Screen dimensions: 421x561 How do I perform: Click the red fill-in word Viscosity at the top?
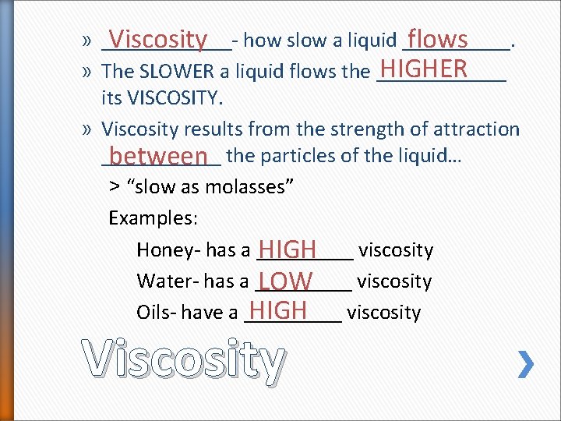(x=158, y=38)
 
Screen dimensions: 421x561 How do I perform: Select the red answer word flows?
(x=437, y=38)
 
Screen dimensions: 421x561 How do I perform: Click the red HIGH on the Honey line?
(x=287, y=249)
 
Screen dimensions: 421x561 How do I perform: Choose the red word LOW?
(x=286, y=281)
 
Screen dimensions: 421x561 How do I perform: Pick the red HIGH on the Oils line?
(x=278, y=310)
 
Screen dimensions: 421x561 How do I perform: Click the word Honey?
(x=160, y=250)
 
